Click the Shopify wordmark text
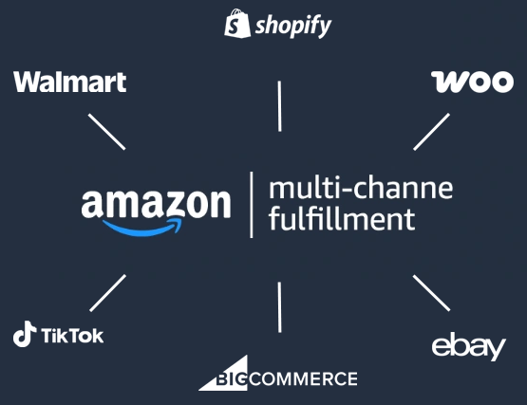(x=293, y=27)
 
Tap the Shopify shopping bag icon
(x=237, y=23)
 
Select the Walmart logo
(x=70, y=82)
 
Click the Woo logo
(x=472, y=82)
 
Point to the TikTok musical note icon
(x=24, y=334)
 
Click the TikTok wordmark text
(x=72, y=335)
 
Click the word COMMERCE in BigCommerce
(x=304, y=378)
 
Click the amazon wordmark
(x=156, y=204)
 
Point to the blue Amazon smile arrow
(x=142, y=228)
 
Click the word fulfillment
(x=342, y=218)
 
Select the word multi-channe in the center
(x=361, y=188)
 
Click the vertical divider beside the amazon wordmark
(x=252, y=205)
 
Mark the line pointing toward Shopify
(x=279, y=106)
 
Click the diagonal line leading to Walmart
(x=107, y=132)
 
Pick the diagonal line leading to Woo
(x=431, y=132)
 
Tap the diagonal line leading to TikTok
(x=108, y=293)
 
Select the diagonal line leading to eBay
(x=431, y=293)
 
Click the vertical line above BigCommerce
(x=279, y=307)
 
